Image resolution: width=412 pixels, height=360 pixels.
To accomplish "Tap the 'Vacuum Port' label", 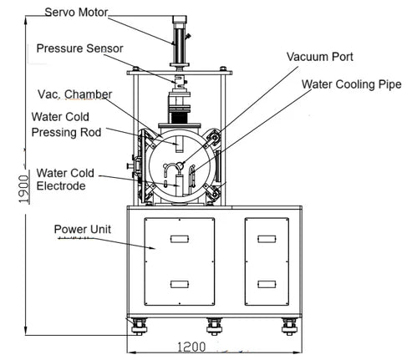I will click(320, 57).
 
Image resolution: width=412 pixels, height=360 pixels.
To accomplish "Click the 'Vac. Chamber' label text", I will click(74, 94).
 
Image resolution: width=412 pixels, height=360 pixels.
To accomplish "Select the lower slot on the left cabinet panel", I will click(180, 284).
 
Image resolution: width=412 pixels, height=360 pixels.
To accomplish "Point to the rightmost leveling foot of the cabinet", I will click(289, 323).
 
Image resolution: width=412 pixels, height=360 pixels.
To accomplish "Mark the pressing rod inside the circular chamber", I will click(178, 145).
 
